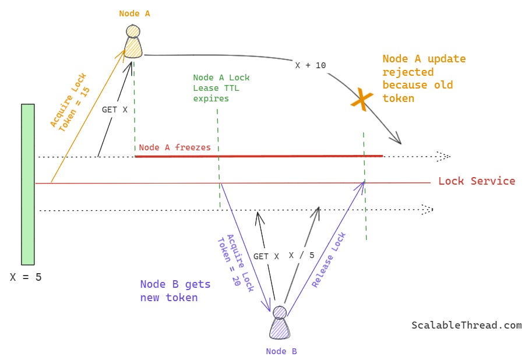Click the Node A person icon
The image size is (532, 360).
point(133,42)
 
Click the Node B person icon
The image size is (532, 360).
point(280,323)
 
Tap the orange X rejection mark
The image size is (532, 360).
point(361,100)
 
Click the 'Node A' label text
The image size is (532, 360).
point(135,13)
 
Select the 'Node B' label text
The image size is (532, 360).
point(281,351)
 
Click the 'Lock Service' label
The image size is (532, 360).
point(477,181)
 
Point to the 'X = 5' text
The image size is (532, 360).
point(26,277)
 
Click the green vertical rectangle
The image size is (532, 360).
point(27,184)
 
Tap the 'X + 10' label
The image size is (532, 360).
point(311,65)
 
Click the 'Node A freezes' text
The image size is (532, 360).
point(175,147)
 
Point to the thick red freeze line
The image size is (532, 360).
point(259,156)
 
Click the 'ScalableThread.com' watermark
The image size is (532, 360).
point(466,326)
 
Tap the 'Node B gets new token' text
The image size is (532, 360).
point(175,291)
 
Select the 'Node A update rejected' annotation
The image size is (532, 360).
point(424,79)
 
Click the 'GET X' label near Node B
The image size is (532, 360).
point(266,256)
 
